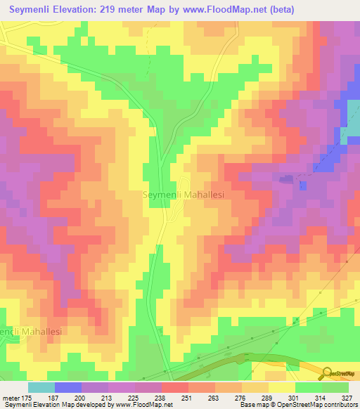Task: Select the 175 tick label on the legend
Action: point(25,397)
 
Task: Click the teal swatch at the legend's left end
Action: point(41,387)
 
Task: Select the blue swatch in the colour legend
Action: point(67,387)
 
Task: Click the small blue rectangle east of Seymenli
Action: point(303,186)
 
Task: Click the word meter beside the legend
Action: point(11,397)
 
